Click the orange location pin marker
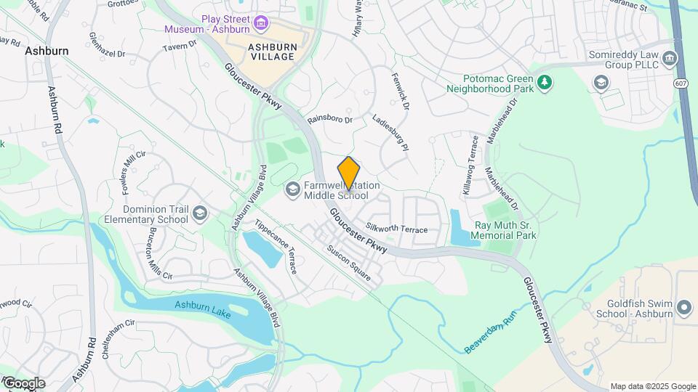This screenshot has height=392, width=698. click(x=349, y=173)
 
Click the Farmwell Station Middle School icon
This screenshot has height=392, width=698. click(x=292, y=190)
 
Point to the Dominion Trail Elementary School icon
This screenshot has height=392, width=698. click(x=200, y=213)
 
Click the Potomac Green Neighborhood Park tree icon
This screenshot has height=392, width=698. click(x=543, y=83)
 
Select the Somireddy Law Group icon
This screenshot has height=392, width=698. click(x=601, y=83)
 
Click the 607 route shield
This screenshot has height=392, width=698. click(x=681, y=84)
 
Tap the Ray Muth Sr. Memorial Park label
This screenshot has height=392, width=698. click(x=505, y=230)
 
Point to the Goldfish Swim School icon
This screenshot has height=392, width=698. click(x=683, y=308)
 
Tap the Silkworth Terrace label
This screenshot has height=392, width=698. click(x=397, y=229)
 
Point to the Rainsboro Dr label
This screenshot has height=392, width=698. click(x=329, y=119)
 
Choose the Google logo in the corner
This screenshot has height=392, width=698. click(x=23, y=383)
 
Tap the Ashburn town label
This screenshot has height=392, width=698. click(x=47, y=52)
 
